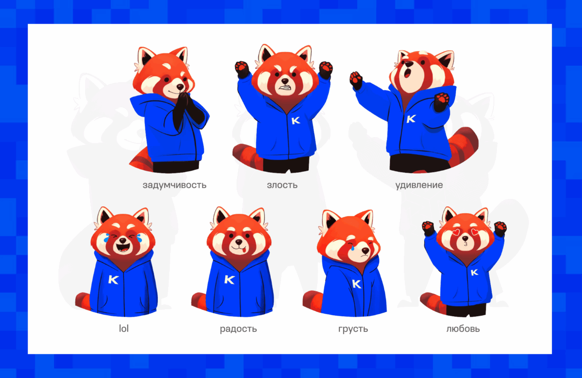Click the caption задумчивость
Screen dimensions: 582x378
click(x=174, y=185)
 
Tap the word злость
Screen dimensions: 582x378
click(x=282, y=185)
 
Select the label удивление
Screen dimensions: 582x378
click(x=419, y=185)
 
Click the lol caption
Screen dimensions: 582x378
click(x=124, y=329)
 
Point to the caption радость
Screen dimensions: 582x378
click(x=239, y=329)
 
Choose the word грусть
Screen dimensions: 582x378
click(x=353, y=329)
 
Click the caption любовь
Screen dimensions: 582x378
click(x=463, y=329)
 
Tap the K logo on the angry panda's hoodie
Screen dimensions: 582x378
click(x=296, y=120)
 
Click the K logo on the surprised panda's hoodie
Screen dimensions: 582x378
click(x=411, y=119)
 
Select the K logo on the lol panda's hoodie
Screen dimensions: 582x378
click(x=113, y=280)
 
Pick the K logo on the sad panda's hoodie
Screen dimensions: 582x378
click(x=356, y=284)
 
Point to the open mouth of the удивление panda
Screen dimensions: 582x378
click(x=407, y=73)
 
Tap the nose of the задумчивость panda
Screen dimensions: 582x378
click(x=180, y=87)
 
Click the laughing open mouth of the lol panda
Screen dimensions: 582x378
click(x=121, y=246)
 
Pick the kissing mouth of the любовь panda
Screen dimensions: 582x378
click(x=465, y=243)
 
